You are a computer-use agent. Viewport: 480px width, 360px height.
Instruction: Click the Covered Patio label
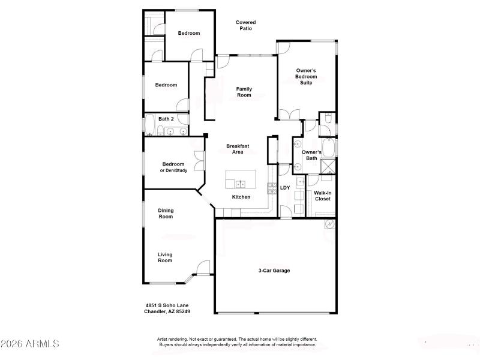point(245,25)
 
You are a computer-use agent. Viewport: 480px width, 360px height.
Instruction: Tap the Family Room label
point(244,92)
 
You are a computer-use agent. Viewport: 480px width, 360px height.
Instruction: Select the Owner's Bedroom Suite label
point(306,76)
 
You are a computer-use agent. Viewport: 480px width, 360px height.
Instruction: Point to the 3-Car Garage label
point(274,271)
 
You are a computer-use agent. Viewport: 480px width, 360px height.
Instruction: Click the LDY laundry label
point(285,188)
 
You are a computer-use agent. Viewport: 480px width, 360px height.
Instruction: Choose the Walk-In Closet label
point(323,196)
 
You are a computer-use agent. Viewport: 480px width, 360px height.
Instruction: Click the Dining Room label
point(166,213)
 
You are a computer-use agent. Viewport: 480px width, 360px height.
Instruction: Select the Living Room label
point(165,257)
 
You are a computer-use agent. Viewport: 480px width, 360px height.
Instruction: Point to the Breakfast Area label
point(238,149)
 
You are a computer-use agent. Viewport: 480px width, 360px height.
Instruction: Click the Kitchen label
point(241,197)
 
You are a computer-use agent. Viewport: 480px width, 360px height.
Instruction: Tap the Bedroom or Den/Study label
point(173,167)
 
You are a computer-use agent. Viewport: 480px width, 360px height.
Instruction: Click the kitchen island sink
point(241,184)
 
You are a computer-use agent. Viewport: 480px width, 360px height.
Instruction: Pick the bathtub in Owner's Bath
point(328,148)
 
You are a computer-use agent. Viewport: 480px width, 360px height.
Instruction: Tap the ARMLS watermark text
point(30,344)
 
